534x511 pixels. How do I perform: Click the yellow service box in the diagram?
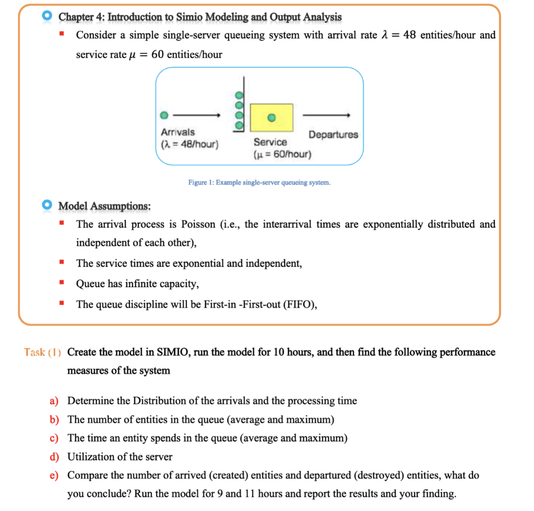[271, 117]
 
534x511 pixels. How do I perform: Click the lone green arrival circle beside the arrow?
[164, 115]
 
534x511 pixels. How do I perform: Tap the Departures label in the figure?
[333, 134]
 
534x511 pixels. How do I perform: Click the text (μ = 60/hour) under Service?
[282, 155]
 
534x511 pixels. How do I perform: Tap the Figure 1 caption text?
[259, 183]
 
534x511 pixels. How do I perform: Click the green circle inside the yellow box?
[271, 117]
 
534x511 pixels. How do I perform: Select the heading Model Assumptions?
[104, 206]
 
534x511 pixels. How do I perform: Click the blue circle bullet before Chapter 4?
[47, 17]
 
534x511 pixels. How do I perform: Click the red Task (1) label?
[43, 352]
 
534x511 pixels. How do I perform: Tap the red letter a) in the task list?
[54, 401]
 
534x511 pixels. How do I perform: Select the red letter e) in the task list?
[54, 476]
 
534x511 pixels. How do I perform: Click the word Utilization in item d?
[90, 457]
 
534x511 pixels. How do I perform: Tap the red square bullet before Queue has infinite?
[62, 283]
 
